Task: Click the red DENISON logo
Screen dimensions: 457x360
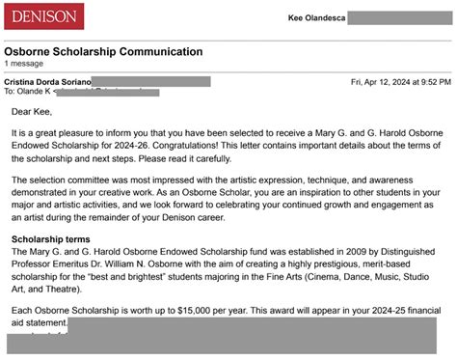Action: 43,15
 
